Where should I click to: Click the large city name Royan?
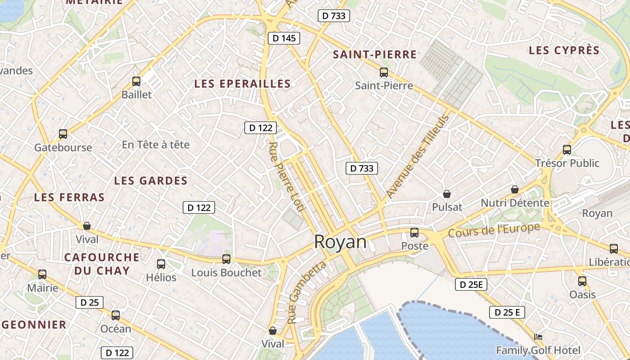click(x=340, y=242)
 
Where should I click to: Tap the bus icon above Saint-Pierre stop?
click(x=384, y=72)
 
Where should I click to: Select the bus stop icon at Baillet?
click(x=136, y=81)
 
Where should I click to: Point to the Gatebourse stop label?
click(x=63, y=148)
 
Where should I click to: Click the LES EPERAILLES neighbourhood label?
click(x=243, y=84)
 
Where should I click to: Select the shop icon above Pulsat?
click(x=447, y=194)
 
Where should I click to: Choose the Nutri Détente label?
click(x=515, y=203)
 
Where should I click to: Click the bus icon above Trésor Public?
click(x=567, y=150)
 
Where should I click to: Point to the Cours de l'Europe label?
click(x=494, y=230)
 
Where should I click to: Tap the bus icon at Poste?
click(x=414, y=233)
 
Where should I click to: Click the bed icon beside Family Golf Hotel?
click(x=538, y=337)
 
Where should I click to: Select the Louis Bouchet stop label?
click(x=226, y=273)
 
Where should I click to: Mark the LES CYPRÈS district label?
click(x=564, y=50)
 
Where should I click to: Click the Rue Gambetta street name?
click(x=306, y=292)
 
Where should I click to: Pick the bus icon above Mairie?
click(x=42, y=274)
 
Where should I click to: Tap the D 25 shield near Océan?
click(x=89, y=302)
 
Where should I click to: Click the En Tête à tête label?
click(x=156, y=145)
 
